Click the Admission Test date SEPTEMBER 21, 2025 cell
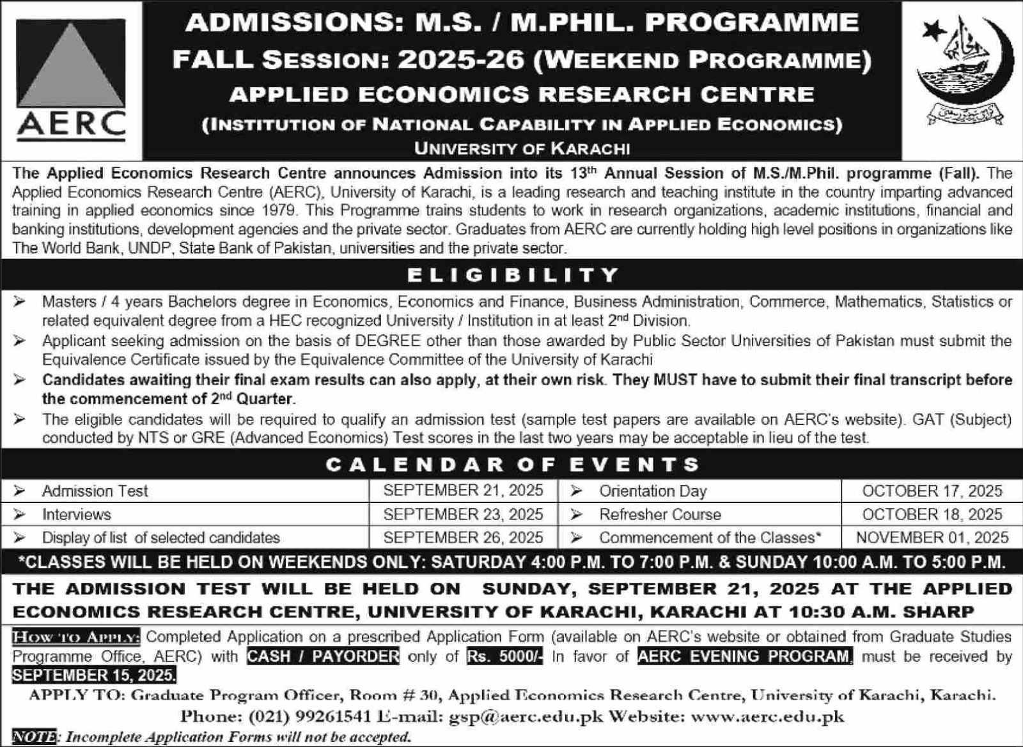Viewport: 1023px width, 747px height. (463, 491)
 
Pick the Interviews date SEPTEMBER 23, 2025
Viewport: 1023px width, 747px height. (463, 514)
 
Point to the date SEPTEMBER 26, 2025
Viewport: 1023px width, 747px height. (463, 537)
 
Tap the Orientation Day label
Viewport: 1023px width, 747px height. (652, 491)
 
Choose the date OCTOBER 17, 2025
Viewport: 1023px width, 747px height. (932, 491)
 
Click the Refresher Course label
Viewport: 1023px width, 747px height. (660, 514)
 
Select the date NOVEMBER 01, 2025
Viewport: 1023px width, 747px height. (932, 537)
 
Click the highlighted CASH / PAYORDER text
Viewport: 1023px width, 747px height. (323, 656)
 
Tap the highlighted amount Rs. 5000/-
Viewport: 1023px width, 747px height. (504, 656)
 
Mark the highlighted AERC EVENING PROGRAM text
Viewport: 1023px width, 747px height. (744, 656)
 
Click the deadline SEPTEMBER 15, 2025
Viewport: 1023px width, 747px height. (94, 675)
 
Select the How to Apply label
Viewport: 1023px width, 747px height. (75, 637)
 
